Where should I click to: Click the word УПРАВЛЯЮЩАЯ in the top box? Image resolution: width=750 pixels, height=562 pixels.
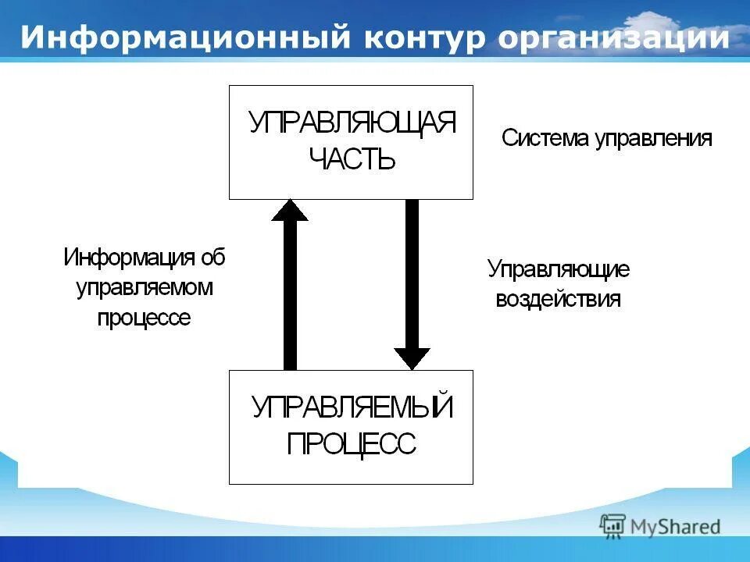click(x=352, y=123)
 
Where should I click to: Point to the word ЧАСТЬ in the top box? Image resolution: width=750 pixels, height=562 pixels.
click(x=352, y=160)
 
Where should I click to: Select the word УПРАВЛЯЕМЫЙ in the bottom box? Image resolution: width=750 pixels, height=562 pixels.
click(x=352, y=407)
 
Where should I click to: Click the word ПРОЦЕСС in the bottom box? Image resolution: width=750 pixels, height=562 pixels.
click(x=352, y=444)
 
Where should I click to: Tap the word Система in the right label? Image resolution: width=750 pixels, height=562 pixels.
click(x=545, y=139)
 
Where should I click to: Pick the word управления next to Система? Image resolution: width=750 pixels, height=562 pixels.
click(x=653, y=139)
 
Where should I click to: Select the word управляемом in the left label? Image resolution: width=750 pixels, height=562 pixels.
click(x=145, y=287)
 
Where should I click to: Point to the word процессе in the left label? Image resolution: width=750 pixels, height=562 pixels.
click(x=144, y=318)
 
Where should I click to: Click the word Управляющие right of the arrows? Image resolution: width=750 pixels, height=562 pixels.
click(x=559, y=270)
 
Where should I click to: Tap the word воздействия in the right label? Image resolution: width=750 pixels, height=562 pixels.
click(x=559, y=300)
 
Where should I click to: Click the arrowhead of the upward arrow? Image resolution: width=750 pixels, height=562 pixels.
click(x=290, y=211)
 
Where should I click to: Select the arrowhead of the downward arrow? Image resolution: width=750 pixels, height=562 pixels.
click(x=412, y=357)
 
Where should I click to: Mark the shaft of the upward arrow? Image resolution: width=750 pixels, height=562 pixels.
click(x=290, y=297)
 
